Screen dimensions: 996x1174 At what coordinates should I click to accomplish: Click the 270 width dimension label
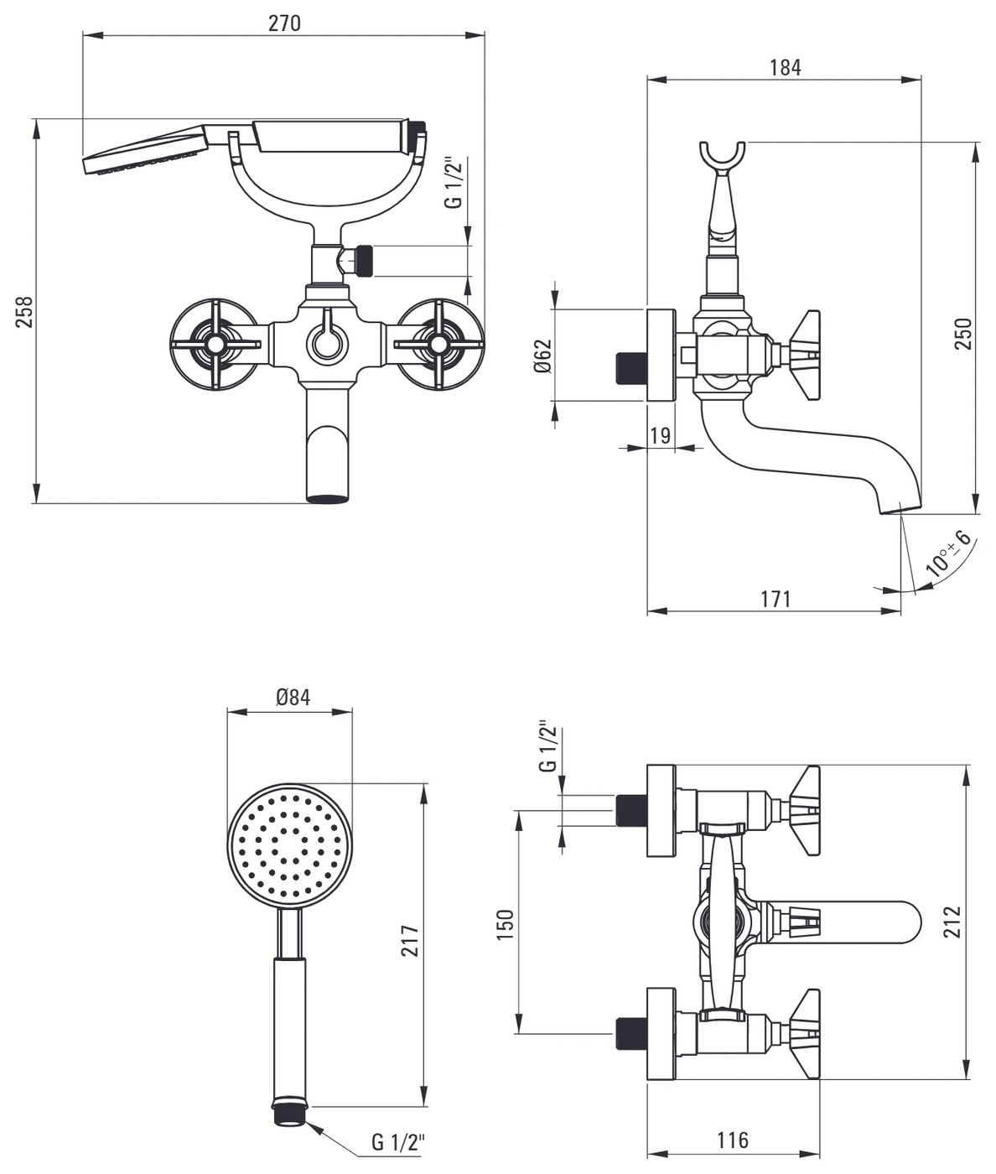pyautogui.click(x=283, y=23)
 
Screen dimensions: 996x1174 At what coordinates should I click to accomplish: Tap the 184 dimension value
pyautogui.click(x=786, y=68)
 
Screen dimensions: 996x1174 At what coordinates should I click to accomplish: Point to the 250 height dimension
pyautogui.click(x=964, y=334)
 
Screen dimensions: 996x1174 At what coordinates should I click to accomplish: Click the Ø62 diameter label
pyautogui.click(x=543, y=356)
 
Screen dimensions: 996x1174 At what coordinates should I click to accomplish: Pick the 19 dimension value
pyautogui.click(x=660, y=435)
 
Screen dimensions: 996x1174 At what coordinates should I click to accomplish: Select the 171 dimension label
pyautogui.click(x=776, y=600)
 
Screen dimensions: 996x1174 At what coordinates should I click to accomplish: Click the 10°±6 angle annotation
pyautogui.click(x=949, y=554)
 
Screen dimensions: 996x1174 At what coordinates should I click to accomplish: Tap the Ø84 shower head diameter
pyautogui.click(x=293, y=697)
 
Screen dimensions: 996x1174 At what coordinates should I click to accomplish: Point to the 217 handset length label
pyautogui.click(x=410, y=941)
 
